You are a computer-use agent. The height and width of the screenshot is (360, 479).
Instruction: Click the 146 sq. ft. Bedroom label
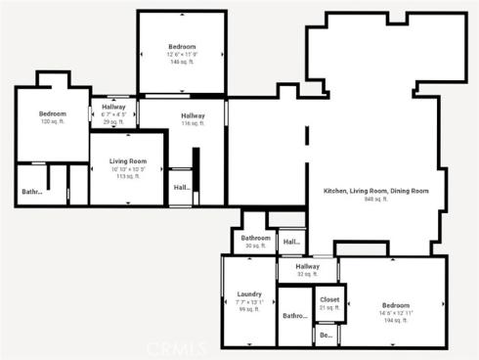point(182,47)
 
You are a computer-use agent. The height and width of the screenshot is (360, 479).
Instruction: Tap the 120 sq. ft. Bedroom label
point(52,114)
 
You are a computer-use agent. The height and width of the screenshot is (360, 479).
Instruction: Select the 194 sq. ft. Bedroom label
point(396,305)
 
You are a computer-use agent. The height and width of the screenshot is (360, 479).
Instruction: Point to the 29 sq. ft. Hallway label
point(113,107)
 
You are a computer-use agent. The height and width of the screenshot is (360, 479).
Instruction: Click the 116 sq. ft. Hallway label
point(193,115)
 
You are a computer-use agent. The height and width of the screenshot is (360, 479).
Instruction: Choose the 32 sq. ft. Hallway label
point(308,266)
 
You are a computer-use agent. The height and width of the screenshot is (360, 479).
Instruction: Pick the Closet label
point(329,299)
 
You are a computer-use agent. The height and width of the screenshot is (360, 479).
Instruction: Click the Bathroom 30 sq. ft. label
point(256,238)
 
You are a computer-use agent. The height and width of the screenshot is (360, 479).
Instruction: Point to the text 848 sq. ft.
point(376,199)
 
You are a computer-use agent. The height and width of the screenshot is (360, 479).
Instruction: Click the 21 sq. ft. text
point(329,308)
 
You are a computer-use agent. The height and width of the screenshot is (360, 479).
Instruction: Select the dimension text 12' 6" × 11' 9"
point(182,55)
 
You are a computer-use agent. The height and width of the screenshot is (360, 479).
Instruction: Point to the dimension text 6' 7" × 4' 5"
point(113,114)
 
